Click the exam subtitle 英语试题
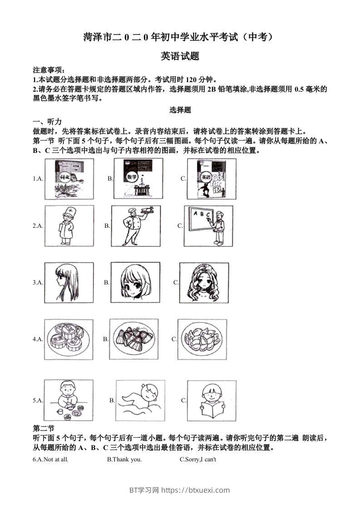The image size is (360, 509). [180, 56]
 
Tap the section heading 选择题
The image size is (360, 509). [180, 110]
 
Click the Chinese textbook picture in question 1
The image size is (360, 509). [69, 179]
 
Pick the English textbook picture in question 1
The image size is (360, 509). [211, 179]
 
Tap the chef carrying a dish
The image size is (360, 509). [135, 225]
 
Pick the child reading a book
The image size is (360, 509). [211, 400]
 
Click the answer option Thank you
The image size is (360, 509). [124, 460]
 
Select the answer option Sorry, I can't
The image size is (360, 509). [198, 460]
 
